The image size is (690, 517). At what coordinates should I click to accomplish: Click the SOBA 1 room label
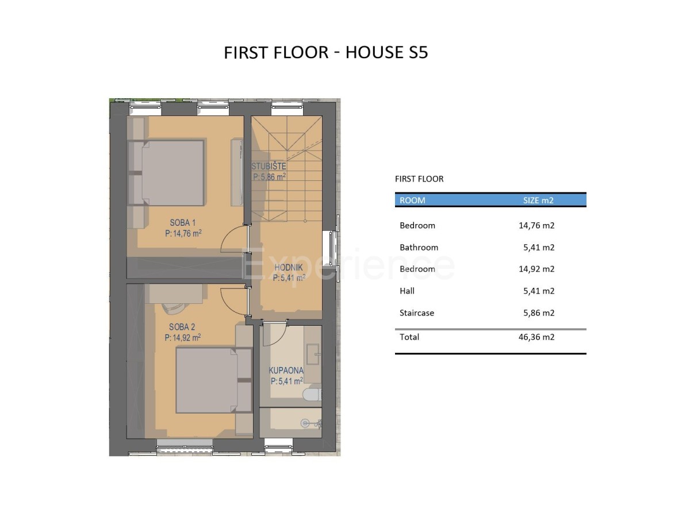coord(183,222)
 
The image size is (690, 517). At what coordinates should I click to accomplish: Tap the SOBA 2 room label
coord(182,327)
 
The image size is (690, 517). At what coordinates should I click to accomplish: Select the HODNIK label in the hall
coord(289,268)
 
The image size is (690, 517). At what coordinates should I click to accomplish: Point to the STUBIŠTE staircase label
coord(269,166)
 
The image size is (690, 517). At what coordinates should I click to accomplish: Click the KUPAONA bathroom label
coord(286,371)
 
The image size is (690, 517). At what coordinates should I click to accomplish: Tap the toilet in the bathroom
coord(312,394)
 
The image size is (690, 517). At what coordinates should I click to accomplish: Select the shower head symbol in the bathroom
coord(304,423)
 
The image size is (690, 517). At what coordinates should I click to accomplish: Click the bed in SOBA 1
coord(172,173)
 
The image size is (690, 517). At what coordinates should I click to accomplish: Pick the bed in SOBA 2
coord(206,380)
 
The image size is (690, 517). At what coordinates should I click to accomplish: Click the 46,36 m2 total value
coord(536,337)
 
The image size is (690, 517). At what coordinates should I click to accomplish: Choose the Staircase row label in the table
coord(417,312)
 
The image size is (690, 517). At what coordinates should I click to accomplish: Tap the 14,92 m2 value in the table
coord(536,269)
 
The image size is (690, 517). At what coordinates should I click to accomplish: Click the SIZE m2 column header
coord(538,200)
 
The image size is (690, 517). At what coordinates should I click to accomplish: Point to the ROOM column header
coord(412,200)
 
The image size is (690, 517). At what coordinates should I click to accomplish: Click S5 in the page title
coord(418,52)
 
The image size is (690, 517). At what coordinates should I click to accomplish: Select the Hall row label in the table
coord(407,291)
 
